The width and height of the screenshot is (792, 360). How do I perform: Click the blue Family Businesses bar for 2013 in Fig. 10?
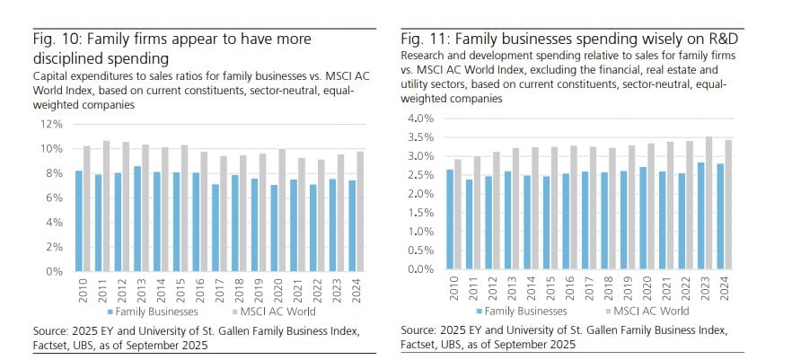click(136, 218)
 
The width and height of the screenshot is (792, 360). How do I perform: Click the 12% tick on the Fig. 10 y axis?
click(50, 123)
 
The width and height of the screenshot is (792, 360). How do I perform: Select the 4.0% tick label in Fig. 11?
click(421, 119)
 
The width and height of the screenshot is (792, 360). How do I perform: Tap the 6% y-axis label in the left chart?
click(53, 197)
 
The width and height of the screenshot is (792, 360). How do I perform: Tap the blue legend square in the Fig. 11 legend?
click(479, 311)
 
